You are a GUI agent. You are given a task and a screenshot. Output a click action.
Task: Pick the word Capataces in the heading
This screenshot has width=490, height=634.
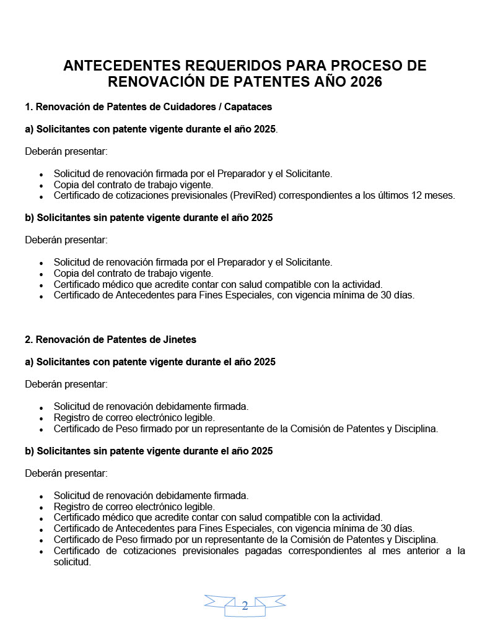(x=246, y=106)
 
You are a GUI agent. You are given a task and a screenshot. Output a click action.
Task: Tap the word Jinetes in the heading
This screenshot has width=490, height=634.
(x=177, y=339)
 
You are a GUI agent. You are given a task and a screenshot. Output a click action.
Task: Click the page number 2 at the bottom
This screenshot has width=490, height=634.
(x=245, y=606)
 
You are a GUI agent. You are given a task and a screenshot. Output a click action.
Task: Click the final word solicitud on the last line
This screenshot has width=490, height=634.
(x=71, y=562)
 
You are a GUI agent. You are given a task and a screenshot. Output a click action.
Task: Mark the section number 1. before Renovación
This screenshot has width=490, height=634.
(x=28, y=106)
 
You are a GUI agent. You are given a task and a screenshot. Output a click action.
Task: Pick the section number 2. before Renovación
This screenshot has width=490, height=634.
(x=28, y=339)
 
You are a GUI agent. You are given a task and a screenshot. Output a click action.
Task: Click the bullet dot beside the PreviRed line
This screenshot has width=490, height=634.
(x=41, y=197)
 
